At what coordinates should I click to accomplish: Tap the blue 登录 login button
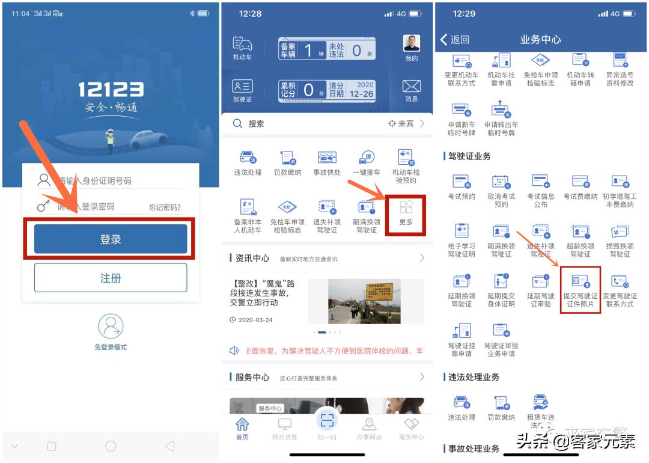click(x=111, y=239)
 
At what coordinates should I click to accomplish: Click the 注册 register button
click(x=111, y=278)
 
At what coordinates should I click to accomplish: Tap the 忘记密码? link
click(x=165, y=207)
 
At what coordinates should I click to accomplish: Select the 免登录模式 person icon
click(x=111, y=327)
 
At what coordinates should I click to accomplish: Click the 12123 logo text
click(x=111, y=90)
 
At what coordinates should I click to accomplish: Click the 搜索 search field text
click(x=256, y=124)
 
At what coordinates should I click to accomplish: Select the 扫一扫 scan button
click(x=327, y=420)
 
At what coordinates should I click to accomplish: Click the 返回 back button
click(x=455, y=40)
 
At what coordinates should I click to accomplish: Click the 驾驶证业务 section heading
click(x=469, y=156)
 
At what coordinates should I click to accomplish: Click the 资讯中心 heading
click(x=252, y=258)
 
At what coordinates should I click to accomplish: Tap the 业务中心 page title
click(x=540, y=40)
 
